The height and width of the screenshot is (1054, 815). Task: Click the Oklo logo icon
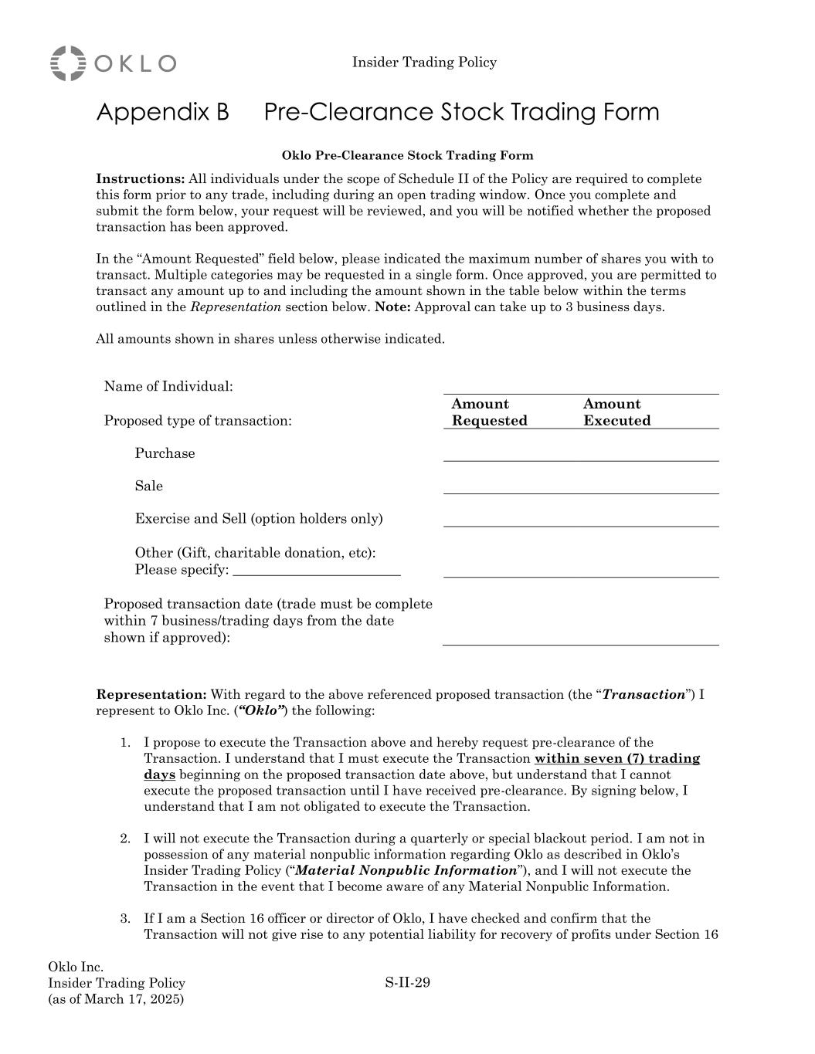coord(68,63)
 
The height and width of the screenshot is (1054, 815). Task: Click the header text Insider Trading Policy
coord(424,63)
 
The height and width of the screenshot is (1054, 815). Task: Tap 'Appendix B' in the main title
coord(162,113)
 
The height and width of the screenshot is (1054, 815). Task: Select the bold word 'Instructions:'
coord(140,179)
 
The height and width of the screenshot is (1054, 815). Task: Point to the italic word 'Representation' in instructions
coord(236,307)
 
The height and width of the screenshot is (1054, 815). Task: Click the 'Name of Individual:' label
coord(168,387)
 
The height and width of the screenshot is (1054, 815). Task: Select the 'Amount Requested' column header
coord(489,412)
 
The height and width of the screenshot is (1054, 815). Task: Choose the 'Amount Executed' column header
coord(616,412)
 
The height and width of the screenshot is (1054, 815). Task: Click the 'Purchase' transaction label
coord(165,454)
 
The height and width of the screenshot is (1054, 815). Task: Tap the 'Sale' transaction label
coord(149,486)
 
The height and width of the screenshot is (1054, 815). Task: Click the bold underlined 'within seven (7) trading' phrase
coord(616,759)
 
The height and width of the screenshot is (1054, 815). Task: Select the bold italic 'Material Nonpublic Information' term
coord(406,871)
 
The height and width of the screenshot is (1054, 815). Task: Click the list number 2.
coord(124,839)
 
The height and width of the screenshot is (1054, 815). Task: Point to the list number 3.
coord(124,919)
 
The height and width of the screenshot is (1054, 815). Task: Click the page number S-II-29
coord(407,983)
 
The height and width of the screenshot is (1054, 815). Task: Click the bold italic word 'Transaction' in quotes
coord(644,695)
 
